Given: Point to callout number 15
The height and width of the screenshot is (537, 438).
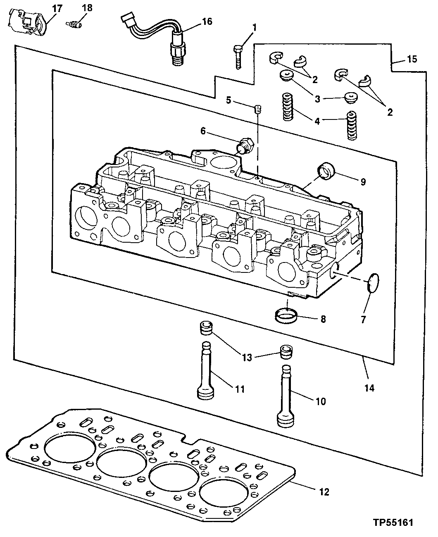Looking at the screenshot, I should [x=412, y=59].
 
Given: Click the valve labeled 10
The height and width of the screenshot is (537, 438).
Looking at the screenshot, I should [x=284, y=396].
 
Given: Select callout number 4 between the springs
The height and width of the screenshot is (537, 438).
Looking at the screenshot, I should [x=317, y=121].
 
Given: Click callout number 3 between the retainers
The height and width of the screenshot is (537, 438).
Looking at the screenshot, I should [x=317, y=99].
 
